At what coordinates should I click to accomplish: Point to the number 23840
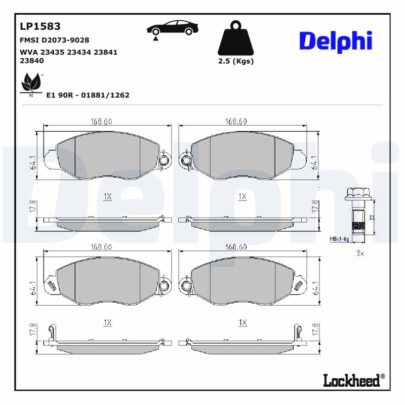coord(31,60)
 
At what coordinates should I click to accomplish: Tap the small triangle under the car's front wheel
coord(156,37)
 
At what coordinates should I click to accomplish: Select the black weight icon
coord(235,38)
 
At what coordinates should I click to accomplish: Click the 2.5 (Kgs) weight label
coord(235,61)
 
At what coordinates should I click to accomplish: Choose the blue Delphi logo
coord(335,41)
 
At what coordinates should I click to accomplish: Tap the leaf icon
coord(31,83)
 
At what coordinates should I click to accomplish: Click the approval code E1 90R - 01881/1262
coord(88,95)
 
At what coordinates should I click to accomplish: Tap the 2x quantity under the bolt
coord(360,253)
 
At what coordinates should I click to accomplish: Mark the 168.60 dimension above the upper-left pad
coord(101,121)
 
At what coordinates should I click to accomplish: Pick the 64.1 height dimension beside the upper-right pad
coord(315,162)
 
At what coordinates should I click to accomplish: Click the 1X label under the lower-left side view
coord(107,322)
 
